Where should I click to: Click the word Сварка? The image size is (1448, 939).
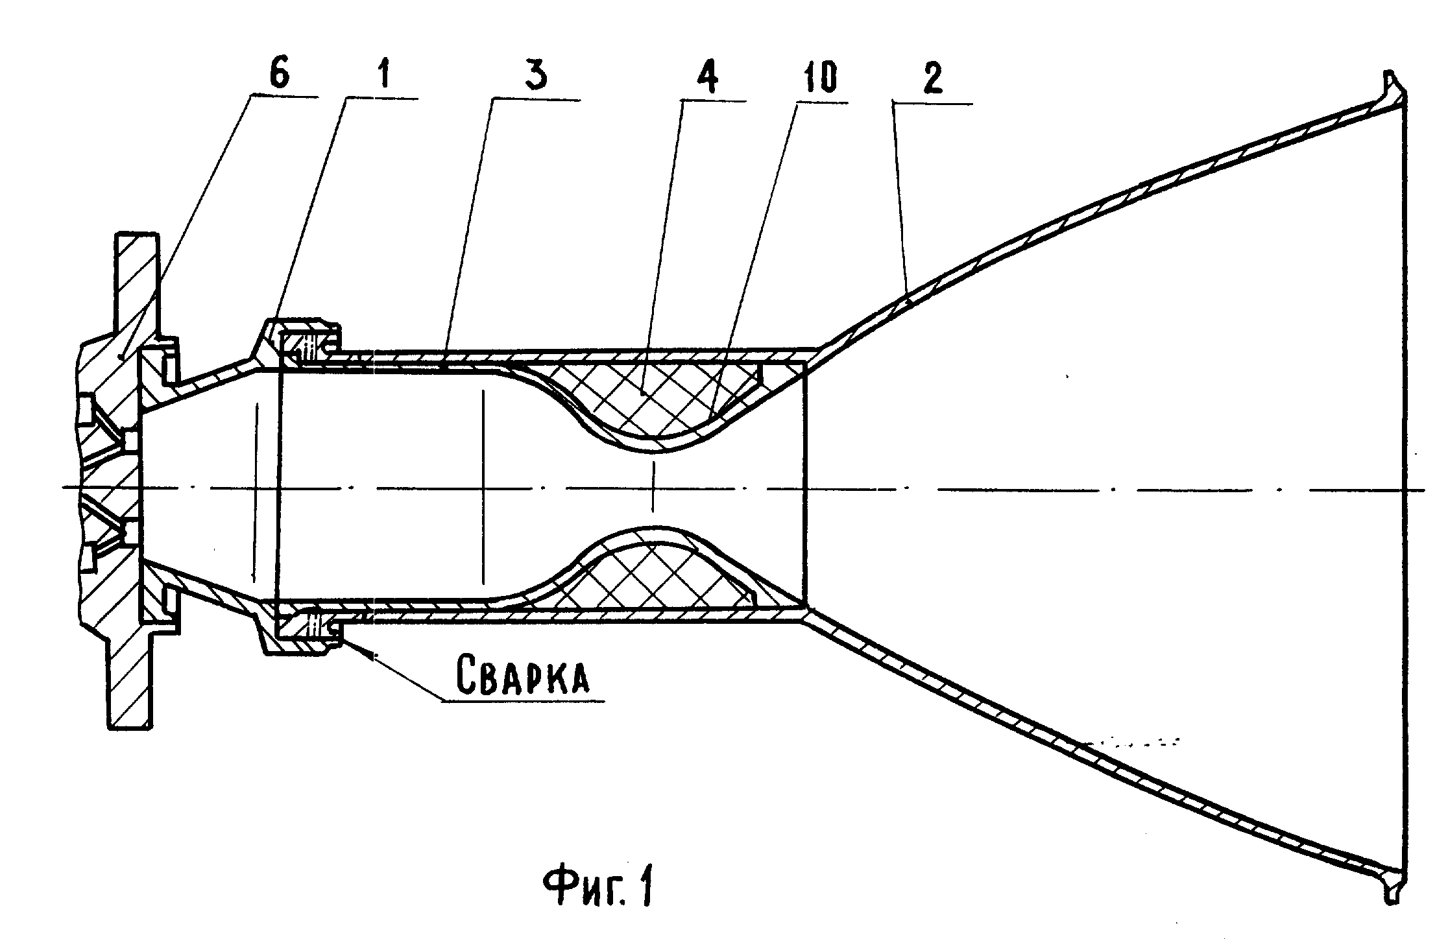(524, 675)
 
